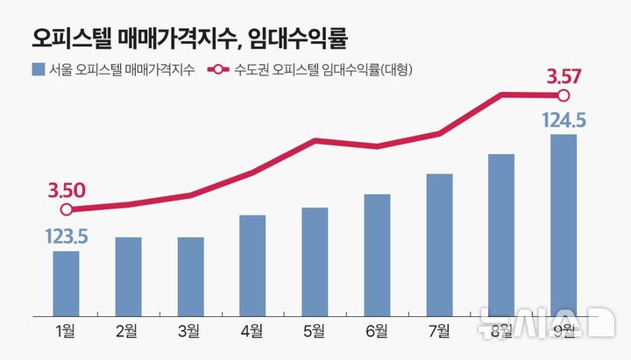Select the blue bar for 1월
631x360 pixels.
point(66,283)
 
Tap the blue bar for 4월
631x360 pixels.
point(252,265)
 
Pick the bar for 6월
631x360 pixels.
point(377,254)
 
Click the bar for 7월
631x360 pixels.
point(439,244)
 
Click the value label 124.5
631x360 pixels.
point(564,119)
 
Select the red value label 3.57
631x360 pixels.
point(564,77)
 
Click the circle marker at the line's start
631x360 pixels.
point(66,209)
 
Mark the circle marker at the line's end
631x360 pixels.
point(564,95)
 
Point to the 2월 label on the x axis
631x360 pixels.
point(127,330)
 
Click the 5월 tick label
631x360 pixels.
point(315,330)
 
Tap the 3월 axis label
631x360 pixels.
point(189,330)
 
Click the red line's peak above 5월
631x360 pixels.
point(315,140)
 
